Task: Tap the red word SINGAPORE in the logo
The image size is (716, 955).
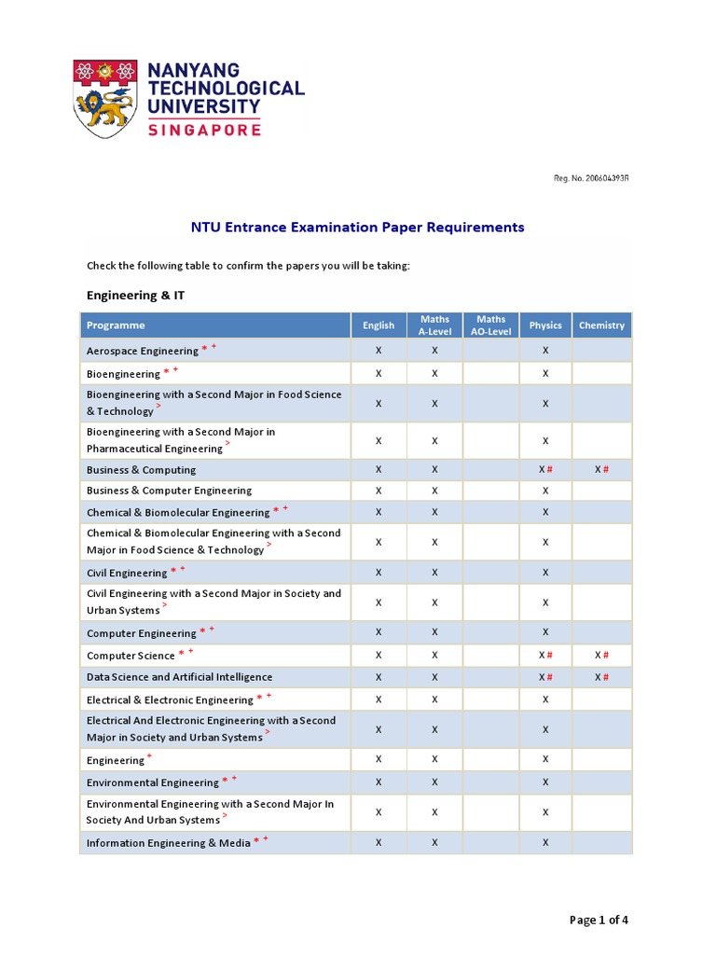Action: pos(204,130)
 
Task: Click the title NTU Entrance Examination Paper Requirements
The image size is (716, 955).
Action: pos(358,228)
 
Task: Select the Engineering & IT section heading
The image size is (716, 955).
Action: pos(134,295)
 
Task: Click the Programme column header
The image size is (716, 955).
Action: pos(116,325)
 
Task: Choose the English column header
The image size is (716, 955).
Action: pos(379,325)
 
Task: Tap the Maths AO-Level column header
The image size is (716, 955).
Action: pos(490,325)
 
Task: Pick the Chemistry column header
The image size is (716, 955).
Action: pos(601,325)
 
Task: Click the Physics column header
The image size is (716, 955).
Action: pos(545,325)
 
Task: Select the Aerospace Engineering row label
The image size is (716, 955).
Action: pos(143,351)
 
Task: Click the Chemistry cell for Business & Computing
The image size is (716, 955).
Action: pos(601,470)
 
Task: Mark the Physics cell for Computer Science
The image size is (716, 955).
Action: pos(545,655)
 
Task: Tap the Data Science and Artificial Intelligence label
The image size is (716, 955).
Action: pos(179,677)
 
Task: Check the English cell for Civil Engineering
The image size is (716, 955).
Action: pos(379,573)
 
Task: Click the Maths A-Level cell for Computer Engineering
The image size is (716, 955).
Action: pos(434,632)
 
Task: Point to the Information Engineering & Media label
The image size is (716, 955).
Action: pos(169,843)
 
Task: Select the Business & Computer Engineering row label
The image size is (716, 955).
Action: pos(169,491)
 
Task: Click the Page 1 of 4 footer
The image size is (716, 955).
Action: pos(599,920)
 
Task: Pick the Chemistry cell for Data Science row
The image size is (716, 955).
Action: pos(601,677)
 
